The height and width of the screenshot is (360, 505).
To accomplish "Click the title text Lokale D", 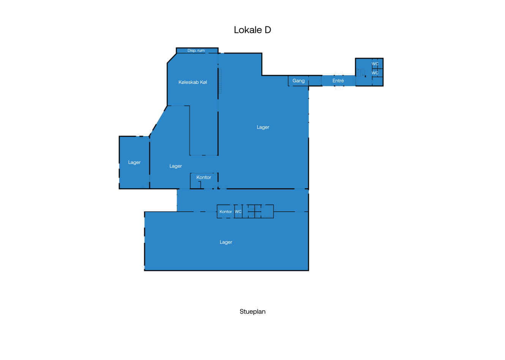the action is point(252,30).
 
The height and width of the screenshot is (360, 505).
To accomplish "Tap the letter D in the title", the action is point(268,30).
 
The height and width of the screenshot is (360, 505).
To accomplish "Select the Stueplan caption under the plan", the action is point(252,312).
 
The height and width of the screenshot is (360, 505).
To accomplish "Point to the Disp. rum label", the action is point(196,50).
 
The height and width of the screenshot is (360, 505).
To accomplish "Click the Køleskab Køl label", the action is point(193,82).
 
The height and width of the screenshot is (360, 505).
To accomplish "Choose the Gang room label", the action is point(298,81).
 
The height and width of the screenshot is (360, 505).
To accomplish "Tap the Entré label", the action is point(338,81).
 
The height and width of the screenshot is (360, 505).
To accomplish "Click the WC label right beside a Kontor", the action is point(238,212).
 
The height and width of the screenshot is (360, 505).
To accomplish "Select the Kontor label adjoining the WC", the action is point(226,212).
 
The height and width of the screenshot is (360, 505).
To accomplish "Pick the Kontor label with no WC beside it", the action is point(204,177).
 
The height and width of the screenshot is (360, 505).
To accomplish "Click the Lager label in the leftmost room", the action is point(134,162).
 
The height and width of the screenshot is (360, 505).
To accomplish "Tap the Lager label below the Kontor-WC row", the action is point(226,242).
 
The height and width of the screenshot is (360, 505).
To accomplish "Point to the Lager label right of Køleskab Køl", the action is point(263,127).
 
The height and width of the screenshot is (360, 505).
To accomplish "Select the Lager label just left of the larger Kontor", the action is point(176,166).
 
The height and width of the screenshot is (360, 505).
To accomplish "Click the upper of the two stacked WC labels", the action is point(375,64).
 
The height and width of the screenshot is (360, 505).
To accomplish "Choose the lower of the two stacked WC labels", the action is point(375,73).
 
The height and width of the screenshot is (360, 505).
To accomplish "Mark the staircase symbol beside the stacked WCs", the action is point(361,73).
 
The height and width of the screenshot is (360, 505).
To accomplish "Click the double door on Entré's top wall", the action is point(339,74).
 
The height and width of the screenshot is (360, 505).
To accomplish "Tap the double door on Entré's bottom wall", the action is point(339,88).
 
